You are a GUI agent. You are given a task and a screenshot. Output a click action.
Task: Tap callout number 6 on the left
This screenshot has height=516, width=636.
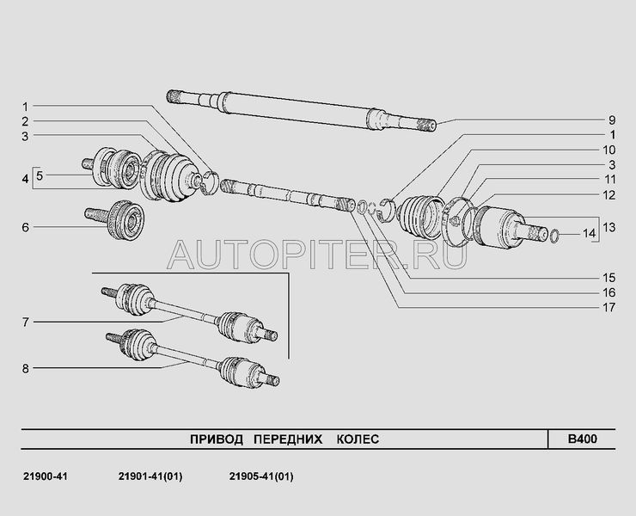(x=25, y=228)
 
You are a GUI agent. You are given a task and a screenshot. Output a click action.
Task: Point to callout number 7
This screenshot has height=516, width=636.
(x=25, y=322)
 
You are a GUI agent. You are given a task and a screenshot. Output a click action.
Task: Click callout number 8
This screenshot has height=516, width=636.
(x=25, y=369)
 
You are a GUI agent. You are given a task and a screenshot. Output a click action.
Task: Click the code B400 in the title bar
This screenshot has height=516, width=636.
(x=581, y=439)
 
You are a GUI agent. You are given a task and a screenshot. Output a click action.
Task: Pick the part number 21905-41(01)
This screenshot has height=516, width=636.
(x=262, y=476)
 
